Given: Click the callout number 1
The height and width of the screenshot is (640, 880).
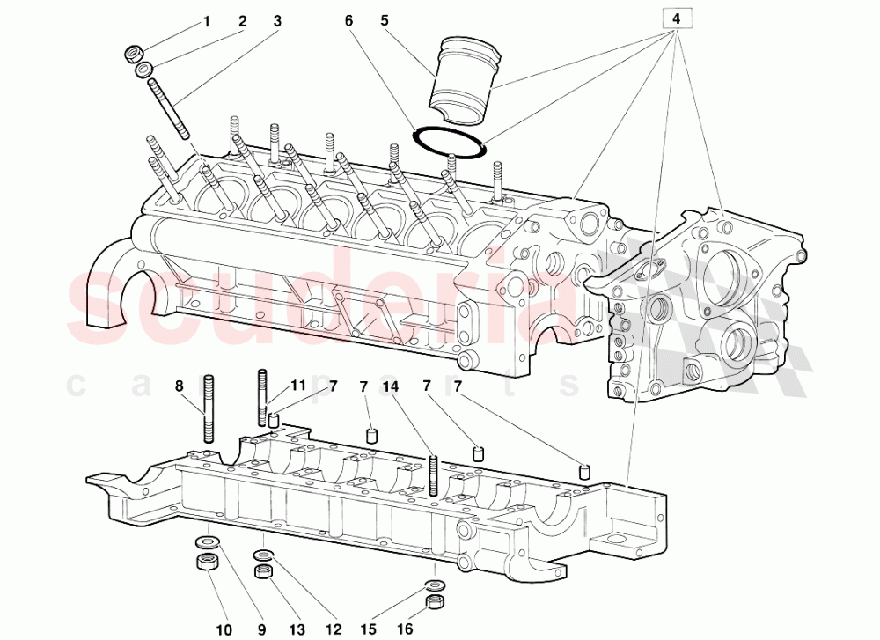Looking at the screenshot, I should point(207,20).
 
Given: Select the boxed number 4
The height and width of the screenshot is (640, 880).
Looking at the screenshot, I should point(676,18).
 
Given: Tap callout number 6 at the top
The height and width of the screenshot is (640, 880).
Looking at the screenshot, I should point(348,20).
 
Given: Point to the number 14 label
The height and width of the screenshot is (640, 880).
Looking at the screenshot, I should point(391,386).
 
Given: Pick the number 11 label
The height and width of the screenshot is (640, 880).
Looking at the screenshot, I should point(298,386).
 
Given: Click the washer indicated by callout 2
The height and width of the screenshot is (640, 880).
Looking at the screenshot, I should point(144,70).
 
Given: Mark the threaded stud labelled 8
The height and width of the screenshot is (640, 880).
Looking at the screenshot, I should point(209,409).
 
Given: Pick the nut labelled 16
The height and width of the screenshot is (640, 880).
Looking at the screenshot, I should point(432,603).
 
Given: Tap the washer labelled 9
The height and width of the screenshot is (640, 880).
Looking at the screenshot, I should point(205,541).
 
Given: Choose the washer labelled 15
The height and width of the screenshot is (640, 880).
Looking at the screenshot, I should point(433,585).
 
